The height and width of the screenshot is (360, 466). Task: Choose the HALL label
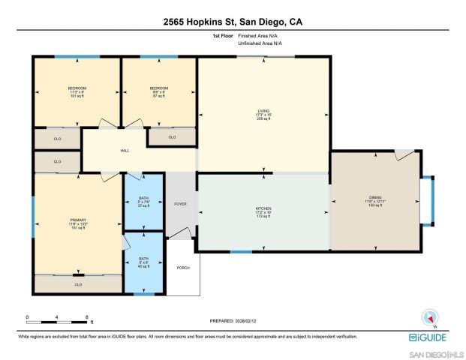coord(125,151)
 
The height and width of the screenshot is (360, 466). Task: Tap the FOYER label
coord(180,202)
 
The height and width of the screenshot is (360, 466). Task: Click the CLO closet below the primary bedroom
coord(78,284)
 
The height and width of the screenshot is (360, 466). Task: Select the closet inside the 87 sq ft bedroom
coord(172,136)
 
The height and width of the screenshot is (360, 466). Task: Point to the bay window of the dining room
coord(426,200)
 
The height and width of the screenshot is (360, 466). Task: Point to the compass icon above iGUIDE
coord(430,318)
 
